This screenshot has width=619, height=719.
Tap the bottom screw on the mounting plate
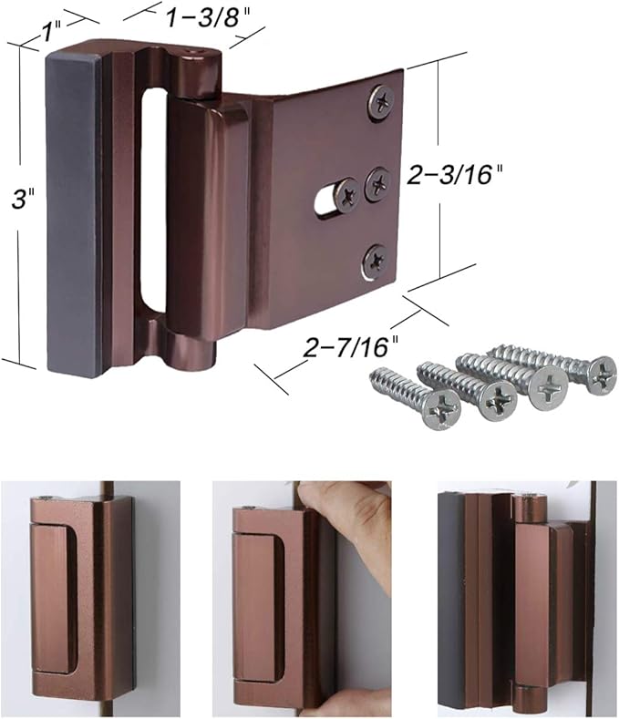(375, 260)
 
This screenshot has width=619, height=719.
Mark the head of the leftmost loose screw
(442, 411)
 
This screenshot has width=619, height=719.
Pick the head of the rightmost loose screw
(601, 372)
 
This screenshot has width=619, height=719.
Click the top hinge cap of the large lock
(199, 72)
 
